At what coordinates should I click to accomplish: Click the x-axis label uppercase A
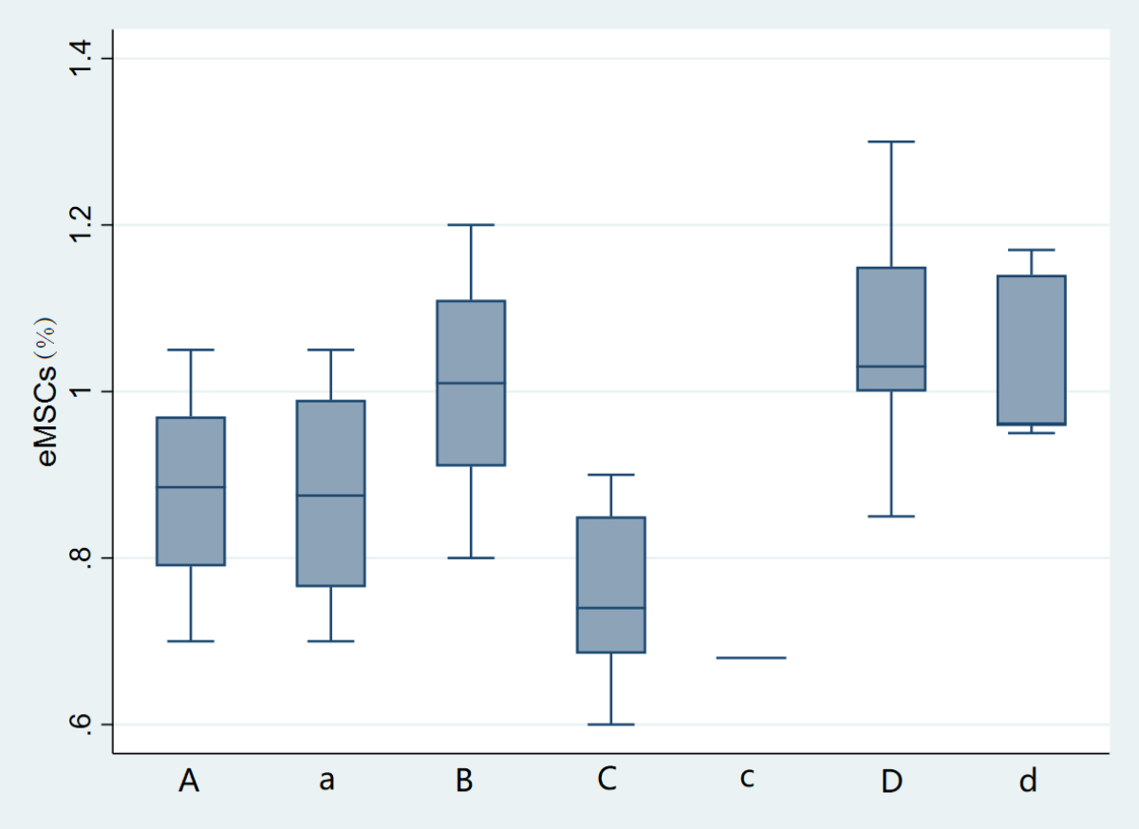tap(190, 781)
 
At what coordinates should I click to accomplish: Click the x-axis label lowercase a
tap(327, 781)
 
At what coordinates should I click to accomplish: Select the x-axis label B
tap(464, 781)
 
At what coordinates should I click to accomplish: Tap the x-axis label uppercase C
tap(607, 781)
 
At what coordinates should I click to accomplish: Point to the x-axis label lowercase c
tap(747, 779)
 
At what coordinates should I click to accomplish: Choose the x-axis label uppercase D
tap(891, 781)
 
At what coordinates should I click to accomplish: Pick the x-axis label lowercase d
tap(1029, 781)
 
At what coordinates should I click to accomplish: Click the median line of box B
tap(471, 383)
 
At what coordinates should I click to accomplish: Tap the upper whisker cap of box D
tap(891, 141)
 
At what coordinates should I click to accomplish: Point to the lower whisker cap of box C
tap(611, 724)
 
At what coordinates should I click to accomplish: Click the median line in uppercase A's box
tap(191, 487)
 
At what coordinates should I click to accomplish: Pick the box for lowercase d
tap(1031, 349)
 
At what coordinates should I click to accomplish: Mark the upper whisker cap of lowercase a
tap(331, 349)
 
